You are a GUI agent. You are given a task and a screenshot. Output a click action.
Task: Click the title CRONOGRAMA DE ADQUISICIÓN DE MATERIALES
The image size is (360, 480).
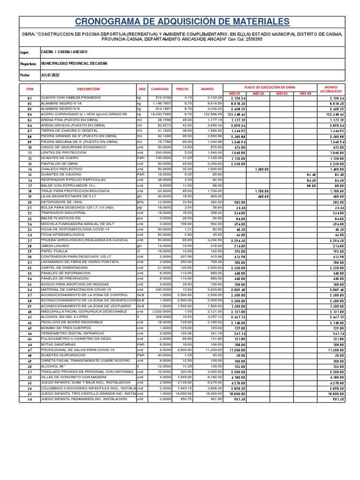point(182,22)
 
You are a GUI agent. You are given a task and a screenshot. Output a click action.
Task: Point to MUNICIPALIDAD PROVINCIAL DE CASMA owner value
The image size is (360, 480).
point(74,63)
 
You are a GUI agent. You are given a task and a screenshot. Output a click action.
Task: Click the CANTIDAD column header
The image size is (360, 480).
point(160,89)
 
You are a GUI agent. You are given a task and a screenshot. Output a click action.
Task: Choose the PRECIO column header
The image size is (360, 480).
point(182,89)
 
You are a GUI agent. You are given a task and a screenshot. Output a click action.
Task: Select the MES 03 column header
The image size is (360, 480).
point(281,93)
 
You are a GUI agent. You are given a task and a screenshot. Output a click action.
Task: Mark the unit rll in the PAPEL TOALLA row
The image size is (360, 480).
point(138,251)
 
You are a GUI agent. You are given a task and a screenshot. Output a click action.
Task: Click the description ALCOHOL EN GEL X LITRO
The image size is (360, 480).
point(64,317)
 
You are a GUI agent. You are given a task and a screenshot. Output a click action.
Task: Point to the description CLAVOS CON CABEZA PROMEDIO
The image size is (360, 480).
point(71,97)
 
